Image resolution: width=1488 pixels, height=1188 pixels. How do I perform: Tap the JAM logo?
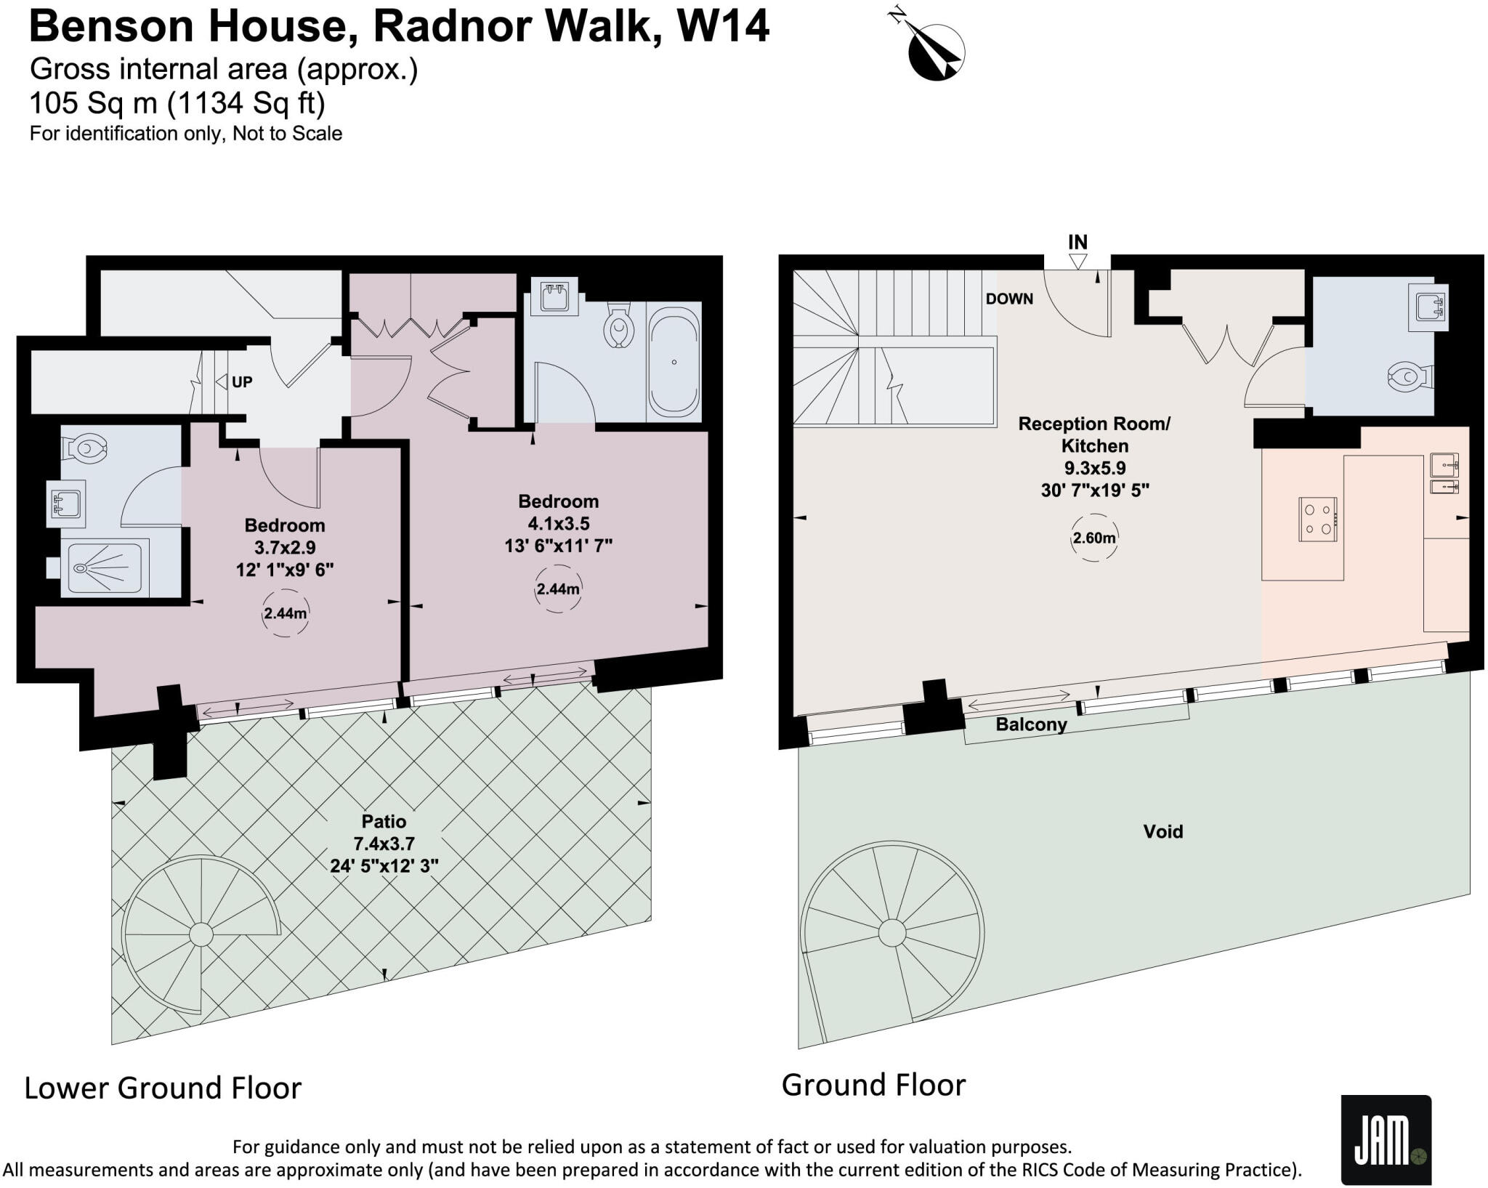coord(1386,1139)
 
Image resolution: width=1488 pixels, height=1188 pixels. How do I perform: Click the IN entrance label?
coord(1077,242)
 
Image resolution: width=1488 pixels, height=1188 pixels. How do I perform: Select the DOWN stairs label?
coord(1009,299)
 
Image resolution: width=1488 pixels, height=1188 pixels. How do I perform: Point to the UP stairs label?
coord(241,381)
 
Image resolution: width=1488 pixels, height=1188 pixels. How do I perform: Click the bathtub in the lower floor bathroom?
coord(674,361)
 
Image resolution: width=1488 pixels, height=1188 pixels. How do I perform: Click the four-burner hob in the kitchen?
coord(1318,519)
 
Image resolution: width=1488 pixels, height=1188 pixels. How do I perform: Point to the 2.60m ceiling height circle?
coord(1094,538)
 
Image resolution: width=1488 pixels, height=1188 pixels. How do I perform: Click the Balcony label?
coord(1031,724)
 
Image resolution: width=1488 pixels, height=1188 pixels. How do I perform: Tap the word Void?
coord(1162,831)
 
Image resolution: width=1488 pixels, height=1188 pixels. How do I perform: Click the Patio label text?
coord(384,821)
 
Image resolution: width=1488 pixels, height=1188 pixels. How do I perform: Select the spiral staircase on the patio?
coord(200,934)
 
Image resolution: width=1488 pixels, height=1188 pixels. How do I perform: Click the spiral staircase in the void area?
coord(891,932)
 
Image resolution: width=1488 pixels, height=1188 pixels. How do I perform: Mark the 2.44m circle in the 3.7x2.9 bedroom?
coord(285,613)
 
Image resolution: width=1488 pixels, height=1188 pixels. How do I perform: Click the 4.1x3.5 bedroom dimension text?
coord(558,523)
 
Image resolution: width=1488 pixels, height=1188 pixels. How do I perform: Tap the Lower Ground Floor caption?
coord(163,1088)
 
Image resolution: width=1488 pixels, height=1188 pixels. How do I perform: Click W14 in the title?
coord(723,26)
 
